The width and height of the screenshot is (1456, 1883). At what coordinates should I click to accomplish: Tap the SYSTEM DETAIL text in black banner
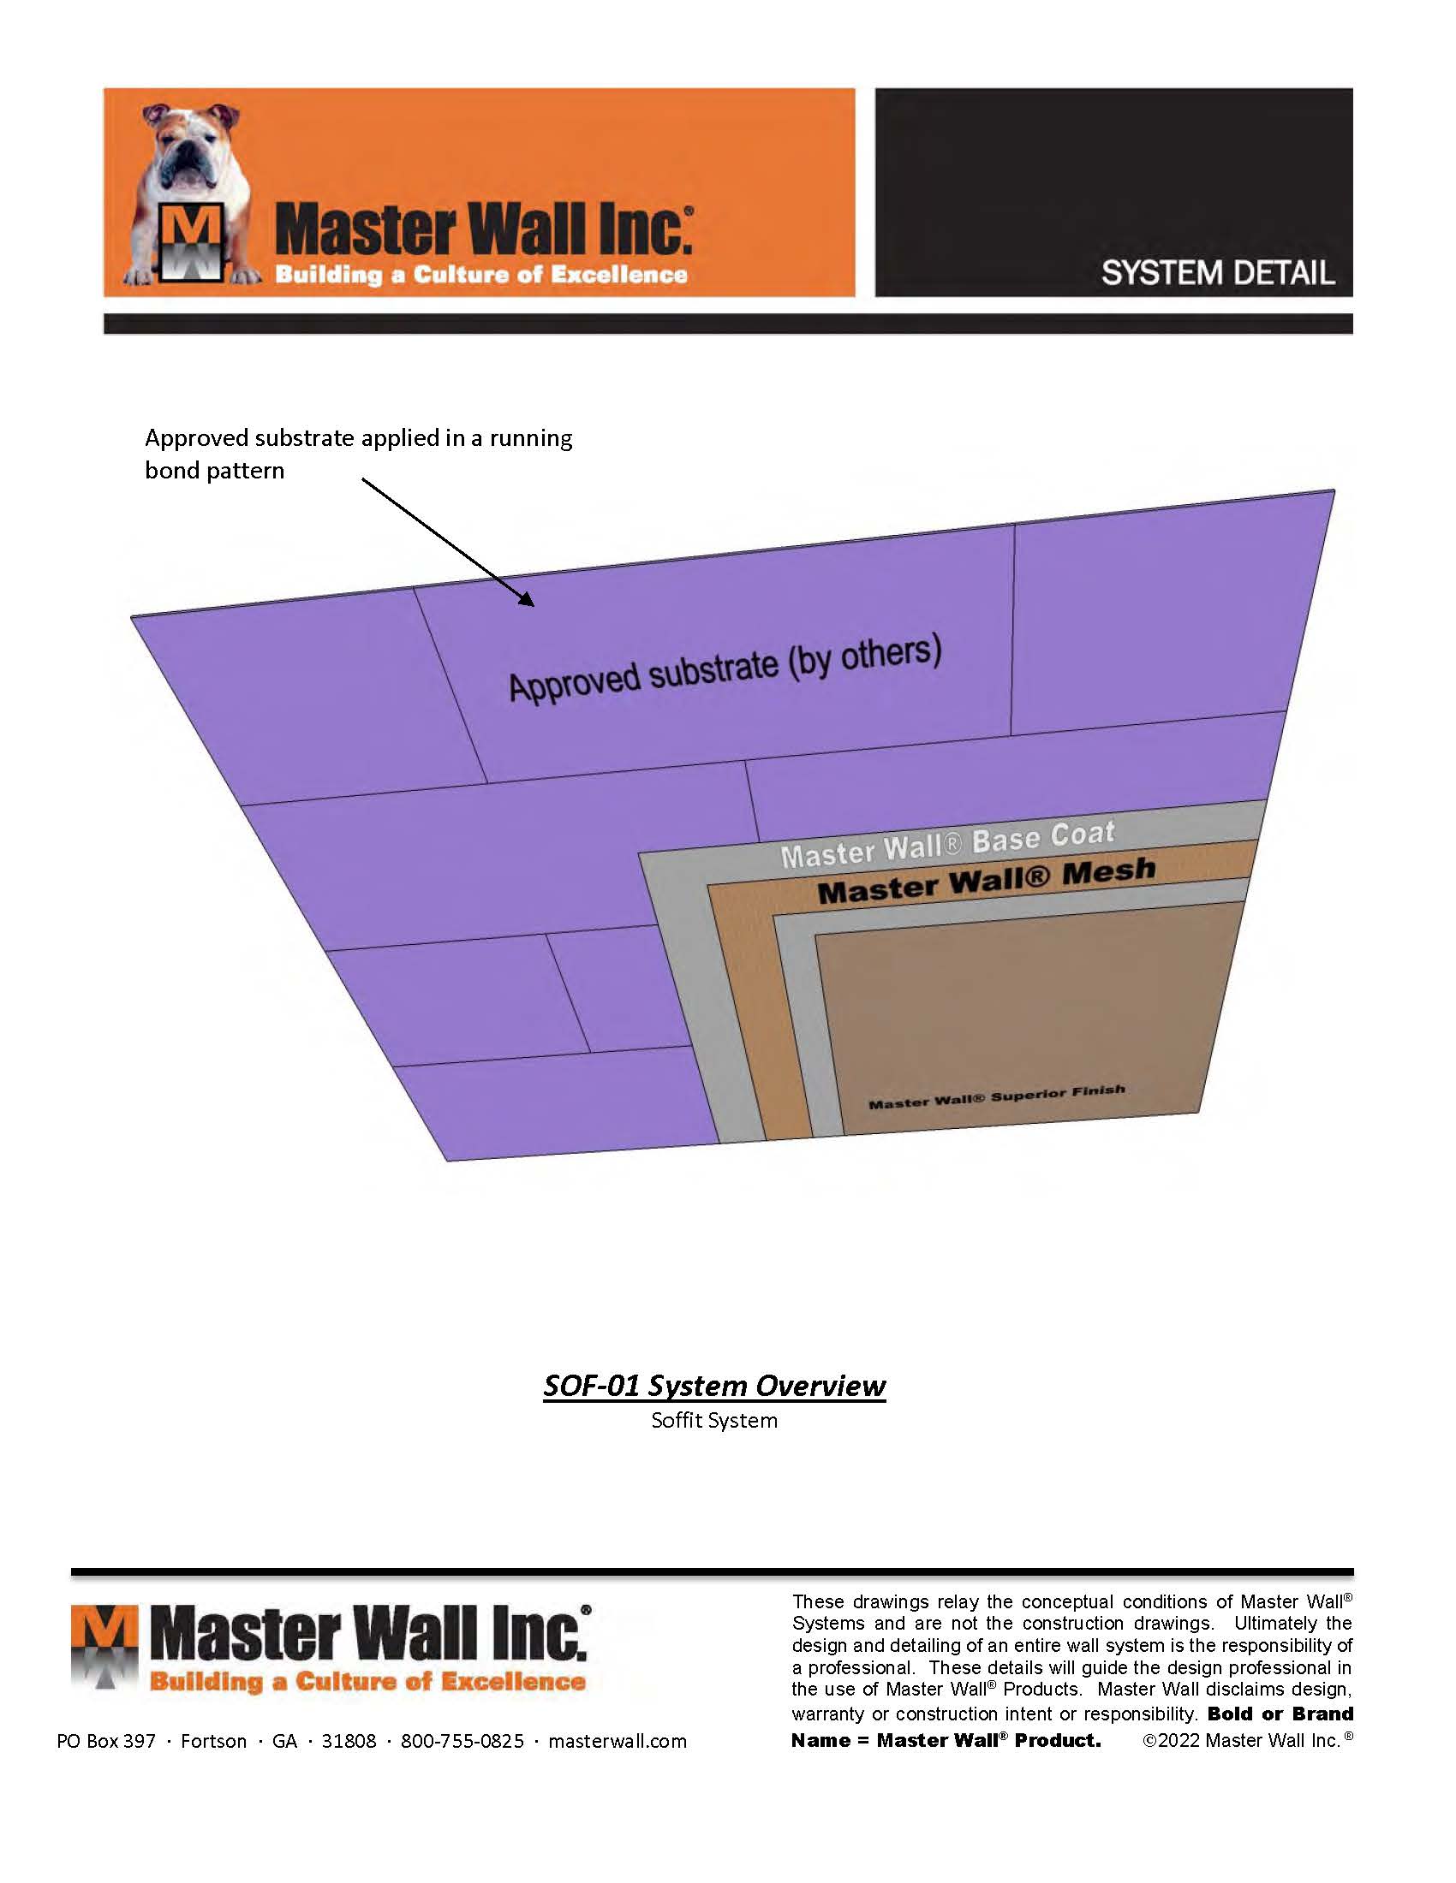pos(1218,273)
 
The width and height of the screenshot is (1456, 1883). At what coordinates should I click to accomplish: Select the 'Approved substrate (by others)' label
pos(725,668)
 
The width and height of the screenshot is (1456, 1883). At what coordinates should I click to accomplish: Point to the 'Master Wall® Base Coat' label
pos(948,844)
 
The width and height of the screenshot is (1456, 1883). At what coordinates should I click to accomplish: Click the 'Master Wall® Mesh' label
pos(986,882)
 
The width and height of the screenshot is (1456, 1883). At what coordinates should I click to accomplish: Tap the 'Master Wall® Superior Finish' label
pos(996,1096)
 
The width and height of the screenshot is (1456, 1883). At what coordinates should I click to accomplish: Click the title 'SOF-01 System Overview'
pos(714,1385)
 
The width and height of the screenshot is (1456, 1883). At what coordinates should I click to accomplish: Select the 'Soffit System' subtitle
pos(714,1420)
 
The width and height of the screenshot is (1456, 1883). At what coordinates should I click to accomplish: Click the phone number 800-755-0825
pos(462,1741)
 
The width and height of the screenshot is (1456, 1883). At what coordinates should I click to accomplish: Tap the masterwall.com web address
pos(618,1741)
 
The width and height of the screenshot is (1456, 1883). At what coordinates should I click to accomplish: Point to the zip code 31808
pos(349,1741)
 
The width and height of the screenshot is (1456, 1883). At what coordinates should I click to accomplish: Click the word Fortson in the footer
pos(214,1741)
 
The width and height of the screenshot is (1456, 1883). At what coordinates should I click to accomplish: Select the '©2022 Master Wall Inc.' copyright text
pos(1247,1740)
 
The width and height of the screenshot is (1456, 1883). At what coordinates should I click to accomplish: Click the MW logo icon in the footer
pos(104,1649)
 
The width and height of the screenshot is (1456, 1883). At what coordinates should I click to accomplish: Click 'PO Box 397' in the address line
pos(106,1741)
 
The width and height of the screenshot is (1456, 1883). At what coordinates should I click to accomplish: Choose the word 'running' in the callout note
pos(531,439)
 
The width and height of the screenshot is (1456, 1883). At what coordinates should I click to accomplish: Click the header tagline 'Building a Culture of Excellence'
pos(481,275)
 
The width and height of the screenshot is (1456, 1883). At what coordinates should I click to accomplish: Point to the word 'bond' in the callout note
pos(171,471)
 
